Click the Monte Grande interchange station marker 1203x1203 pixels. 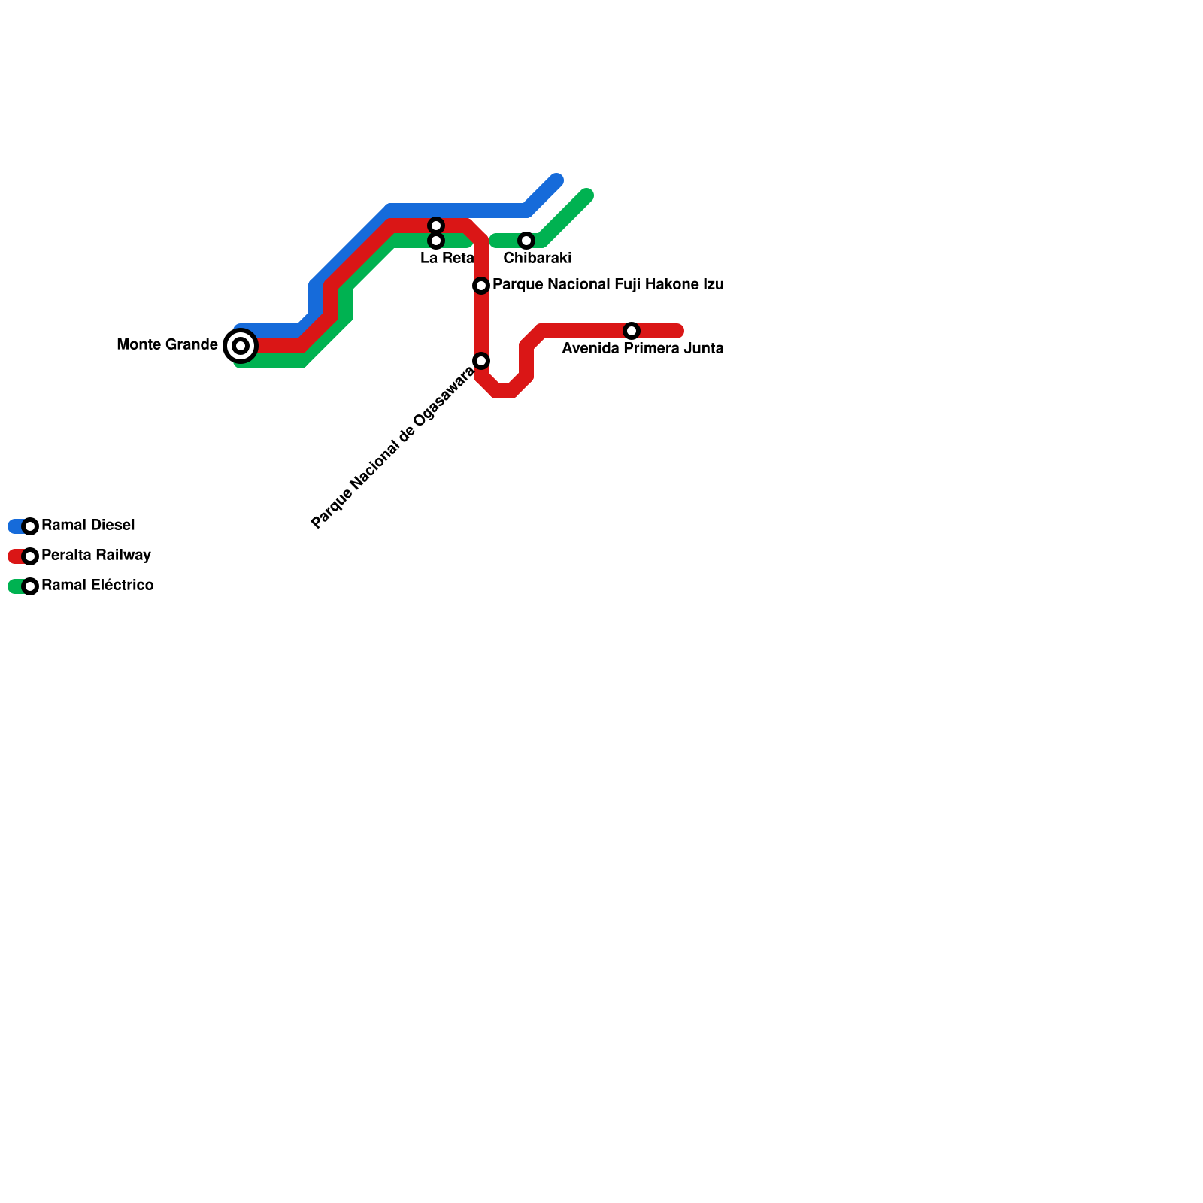[x=241, y=346]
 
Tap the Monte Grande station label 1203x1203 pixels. [x=167, y=345]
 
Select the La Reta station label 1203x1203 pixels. [x=447, y=259]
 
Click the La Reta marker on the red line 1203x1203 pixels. [x=436, y=226]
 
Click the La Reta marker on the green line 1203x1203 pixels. [x=436, y=241]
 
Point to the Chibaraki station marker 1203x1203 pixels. [x=526, y=241]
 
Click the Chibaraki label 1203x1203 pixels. [x=537, y=259]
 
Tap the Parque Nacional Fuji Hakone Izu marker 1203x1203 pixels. [x=481, y=286]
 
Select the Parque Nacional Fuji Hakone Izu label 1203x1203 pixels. [x=608, y=285]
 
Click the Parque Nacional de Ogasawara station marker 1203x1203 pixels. [x=481, y=361]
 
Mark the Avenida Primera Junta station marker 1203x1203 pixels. [x=632, y=331]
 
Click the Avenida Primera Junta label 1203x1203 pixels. [x=642, y=349]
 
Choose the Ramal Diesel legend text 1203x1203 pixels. [x=88, y=526]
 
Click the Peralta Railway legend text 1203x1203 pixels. [x=96, y=556]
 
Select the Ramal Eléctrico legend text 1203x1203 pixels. [x=97, y=586]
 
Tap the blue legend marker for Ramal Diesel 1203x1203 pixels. [x=30, y=526]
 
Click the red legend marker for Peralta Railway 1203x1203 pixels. [x=30, y=556]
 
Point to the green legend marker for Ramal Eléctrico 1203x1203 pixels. [x=30, y=586]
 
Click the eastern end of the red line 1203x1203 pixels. [x=677, y=331]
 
